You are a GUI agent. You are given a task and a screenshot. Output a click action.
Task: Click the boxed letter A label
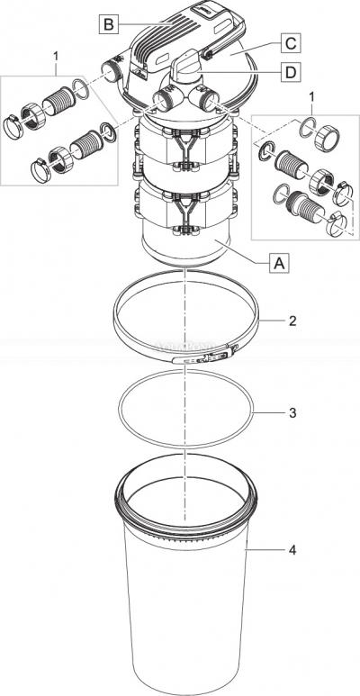[279, 264]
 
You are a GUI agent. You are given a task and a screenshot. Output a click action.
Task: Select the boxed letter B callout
[108, 24]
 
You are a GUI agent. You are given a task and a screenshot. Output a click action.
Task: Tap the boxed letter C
[291, 44]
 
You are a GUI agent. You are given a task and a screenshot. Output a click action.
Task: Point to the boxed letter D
[291, 73]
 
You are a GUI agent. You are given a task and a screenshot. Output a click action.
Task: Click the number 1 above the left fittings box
[56, 56]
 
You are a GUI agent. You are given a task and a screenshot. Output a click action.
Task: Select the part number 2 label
[292, 321]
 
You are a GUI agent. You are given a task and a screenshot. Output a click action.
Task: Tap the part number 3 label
[292, 412]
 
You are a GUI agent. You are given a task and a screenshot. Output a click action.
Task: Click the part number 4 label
[292, 550]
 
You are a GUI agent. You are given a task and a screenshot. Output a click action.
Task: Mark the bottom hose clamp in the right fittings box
[337, 224]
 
